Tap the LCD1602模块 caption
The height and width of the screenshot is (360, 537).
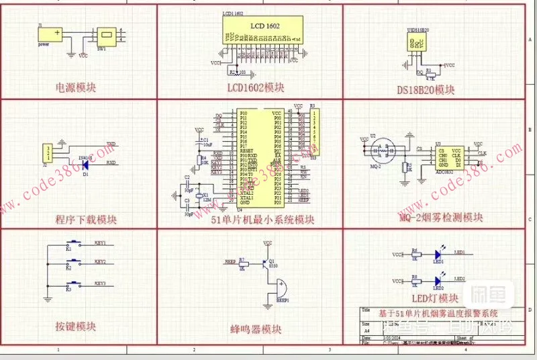(255, 87)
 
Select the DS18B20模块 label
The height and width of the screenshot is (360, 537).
(426, 89)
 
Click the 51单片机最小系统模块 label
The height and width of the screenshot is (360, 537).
(262, 220)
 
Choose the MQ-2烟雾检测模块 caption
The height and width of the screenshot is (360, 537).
(440, 217)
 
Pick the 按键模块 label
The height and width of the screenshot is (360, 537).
(76, 326)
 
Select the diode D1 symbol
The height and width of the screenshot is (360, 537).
(85, 163)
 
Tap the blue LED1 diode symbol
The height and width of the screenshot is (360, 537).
(438, 255)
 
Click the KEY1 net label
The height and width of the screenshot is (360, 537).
(100, 243)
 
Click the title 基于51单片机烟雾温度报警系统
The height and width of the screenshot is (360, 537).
(438, 313)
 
